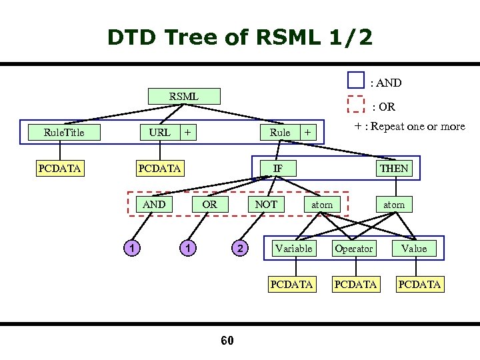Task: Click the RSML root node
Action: point(183,96)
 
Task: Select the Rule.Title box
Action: point(64,132)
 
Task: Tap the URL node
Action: point(159,132)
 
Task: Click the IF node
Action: point(277,168)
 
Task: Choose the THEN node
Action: point(393,168)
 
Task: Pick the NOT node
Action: point(266,204)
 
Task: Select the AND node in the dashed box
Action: point(154,204)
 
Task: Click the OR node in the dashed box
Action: point(209,204)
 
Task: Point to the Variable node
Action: point(293,248)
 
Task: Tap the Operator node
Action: point(353,248)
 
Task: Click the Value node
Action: point(413,248)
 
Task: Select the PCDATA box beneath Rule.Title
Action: point(59,168)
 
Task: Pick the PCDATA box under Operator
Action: point(355,284)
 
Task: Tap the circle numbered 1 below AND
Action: point(134,249)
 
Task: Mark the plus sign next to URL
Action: point(188,132)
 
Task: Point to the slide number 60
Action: point(227,341)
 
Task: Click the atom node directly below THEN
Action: point(393,204)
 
